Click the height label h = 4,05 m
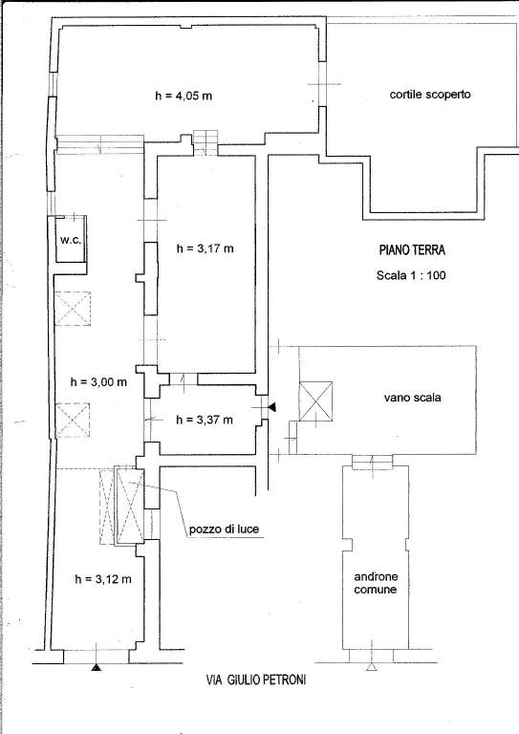[183, 96]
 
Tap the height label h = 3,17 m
[205, 248]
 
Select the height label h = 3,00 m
[98, 382]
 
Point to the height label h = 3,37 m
[204, 420]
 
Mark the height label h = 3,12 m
[103, 579]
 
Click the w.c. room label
[71, 241]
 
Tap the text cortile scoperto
[430, 95]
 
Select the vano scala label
[412, 398]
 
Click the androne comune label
[376, 583]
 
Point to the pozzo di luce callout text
[225, 529]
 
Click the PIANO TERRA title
[412, 250]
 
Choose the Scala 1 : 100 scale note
[411, 275]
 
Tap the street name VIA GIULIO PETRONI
[256, 680]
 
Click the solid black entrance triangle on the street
[96, 667]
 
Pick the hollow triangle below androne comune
[372, 667]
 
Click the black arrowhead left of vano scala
[271, 408]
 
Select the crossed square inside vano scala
[316, 401]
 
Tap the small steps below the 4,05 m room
[206, 142]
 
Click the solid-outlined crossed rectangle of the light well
[130, 505]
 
